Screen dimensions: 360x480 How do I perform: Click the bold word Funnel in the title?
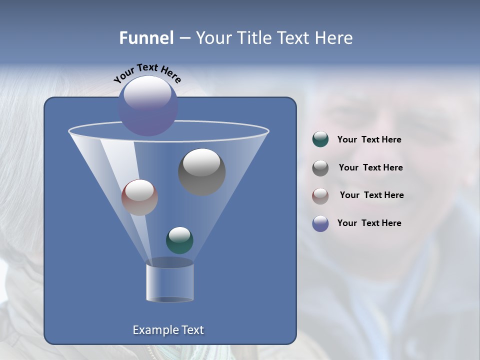tap(146, 38)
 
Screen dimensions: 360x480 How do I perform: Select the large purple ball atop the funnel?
tap(148, 106)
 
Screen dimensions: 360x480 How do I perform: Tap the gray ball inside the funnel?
tap(201, 172)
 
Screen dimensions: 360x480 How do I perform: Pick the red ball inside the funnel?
tap(139, 198)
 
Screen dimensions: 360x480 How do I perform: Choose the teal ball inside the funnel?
tap(179, 240)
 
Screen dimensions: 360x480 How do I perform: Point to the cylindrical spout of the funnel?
tap(170, 283)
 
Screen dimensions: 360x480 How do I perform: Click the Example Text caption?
tap(168, 330)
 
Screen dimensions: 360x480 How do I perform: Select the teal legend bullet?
tap(320, 139)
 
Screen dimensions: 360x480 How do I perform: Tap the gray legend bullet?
tap(320, 168)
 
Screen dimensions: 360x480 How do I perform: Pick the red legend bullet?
tap(320, 196)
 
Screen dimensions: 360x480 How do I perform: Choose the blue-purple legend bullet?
tap(320, 223)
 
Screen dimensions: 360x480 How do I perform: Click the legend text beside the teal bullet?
tap(369, 140)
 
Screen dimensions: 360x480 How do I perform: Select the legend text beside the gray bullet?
tap(370, 168)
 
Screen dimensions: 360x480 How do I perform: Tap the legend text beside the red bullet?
tap(371, 195)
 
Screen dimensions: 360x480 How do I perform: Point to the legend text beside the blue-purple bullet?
tap(369, 223)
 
